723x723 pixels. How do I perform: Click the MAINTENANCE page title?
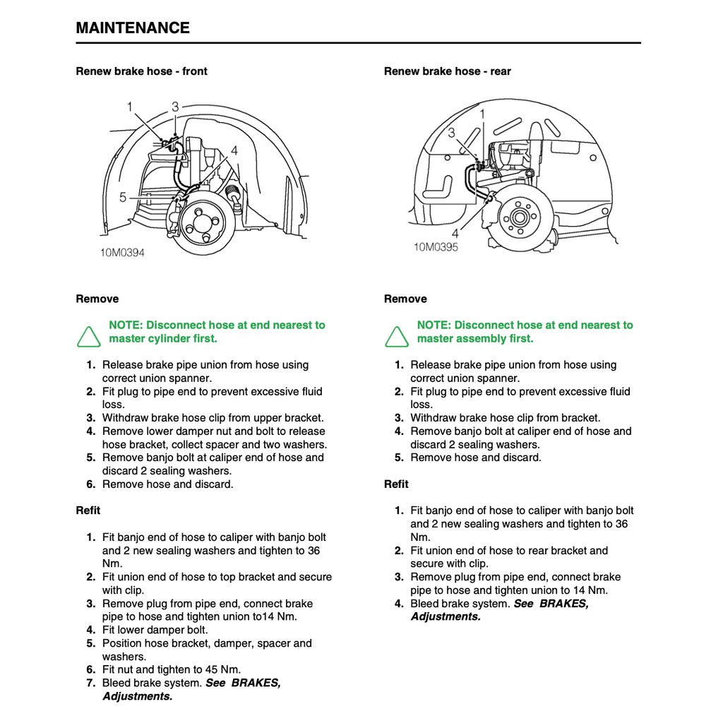(x=133, y=28)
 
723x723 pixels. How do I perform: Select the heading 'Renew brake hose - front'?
(x=141, y=71)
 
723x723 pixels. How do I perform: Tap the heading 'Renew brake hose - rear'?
(x=447, y=71)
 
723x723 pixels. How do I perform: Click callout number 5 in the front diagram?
(x=123, y=197)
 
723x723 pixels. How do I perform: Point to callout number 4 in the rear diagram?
(x=455, y=232)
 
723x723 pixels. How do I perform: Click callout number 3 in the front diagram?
(x=175, y=107)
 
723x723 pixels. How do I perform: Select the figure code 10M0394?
(x=121, y=252)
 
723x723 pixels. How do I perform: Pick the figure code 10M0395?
(x=436, y=247)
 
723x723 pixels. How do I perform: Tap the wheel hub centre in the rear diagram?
(x=520, y=215)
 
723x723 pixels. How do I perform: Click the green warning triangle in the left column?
(x=89, y=337)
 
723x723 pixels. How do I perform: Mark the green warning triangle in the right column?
(x=397, y=337)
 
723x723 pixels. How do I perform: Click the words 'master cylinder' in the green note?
(x=147, y=339)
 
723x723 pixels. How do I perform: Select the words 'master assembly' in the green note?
(x=457, y=339)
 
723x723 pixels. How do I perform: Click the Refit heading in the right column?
(x=396, y=484)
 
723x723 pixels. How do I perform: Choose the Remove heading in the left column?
(x=97, y=299)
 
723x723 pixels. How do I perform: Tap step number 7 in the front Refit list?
(x=90, y=683)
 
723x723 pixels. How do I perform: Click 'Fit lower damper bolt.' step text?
(x=155, y=630)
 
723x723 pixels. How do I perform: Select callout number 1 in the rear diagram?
(x=482, y=113)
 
